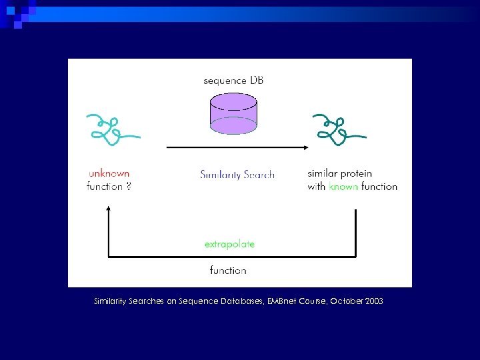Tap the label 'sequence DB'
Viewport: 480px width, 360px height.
[233, 81]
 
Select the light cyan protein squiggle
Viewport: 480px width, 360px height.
[111, 129]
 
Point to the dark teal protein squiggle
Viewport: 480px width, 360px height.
[339, 129]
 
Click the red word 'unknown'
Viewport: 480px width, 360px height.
[108, 173]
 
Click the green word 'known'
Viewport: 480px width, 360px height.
[343, 187]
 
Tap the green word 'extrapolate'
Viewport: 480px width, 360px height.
[229, 244]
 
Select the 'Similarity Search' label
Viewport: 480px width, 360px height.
[237, 175]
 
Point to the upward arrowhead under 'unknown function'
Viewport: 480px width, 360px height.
[108, 209]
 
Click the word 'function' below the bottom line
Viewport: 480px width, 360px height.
[228, 270]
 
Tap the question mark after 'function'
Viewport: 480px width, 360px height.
[128, 187]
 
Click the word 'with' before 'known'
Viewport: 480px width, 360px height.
[317, 187]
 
